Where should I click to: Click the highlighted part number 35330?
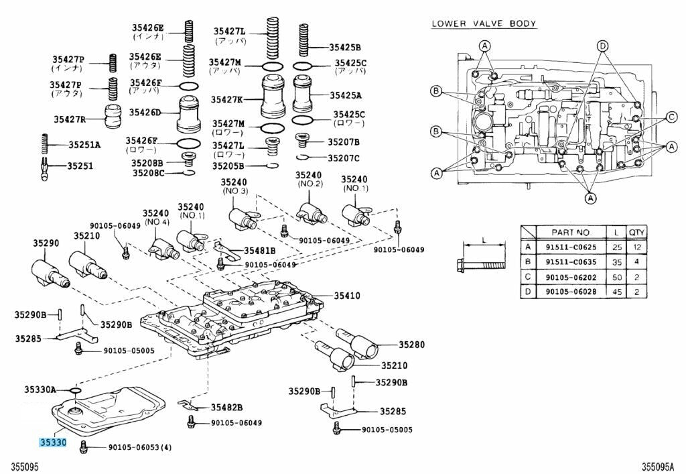tap(52, 442)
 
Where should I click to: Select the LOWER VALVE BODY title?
tap(483, 23)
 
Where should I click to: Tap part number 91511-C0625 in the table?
tap(571, 247)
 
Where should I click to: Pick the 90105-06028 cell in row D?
tap(571, 292)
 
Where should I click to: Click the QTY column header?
tap(635, 232)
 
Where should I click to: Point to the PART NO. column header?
tap(571, 232)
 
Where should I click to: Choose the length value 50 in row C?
tap(615, 277)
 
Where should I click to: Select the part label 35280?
tap(412, 345)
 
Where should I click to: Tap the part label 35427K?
tap(228, 99)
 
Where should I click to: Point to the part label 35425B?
tap(344, 47)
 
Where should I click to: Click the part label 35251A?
tap(84, 145)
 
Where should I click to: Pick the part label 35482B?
tap(226, 407)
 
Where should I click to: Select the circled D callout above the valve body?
tap(602, 46)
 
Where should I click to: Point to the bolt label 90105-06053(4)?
tap(139, 447)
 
